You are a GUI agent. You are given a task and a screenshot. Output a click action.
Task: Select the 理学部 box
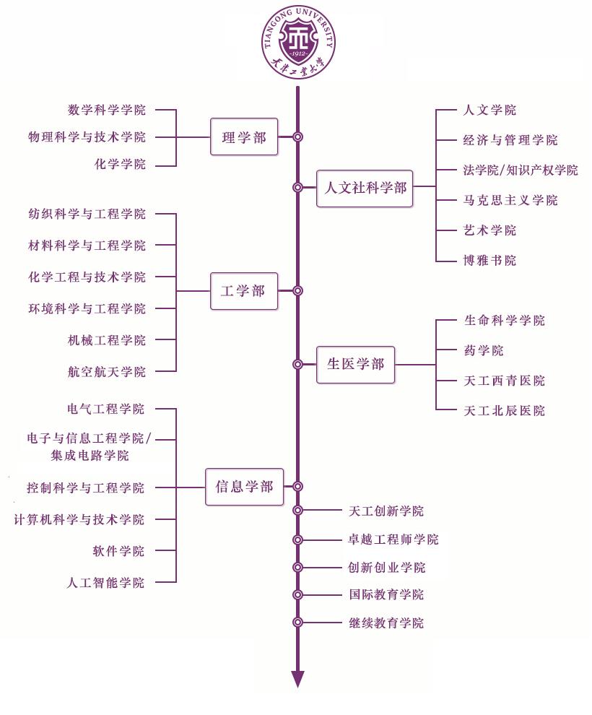244,136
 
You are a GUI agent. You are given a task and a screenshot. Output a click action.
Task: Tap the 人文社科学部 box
365,188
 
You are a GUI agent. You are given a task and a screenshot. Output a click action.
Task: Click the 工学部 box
244,291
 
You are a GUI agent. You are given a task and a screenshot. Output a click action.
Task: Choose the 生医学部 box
356,364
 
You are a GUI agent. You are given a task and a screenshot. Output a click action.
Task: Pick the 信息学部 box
244,487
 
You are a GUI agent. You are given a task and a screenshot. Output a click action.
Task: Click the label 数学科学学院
107,110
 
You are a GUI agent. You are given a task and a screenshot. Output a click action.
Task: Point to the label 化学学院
120,164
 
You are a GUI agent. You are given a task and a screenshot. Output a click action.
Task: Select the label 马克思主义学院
510,200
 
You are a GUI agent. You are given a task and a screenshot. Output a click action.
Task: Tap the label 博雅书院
489,260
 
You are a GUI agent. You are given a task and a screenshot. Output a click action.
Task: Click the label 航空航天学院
107,372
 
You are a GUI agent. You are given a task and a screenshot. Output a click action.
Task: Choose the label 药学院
484,350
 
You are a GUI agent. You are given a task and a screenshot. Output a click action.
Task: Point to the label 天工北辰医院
504,411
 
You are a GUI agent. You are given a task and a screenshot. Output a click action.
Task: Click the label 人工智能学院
106,583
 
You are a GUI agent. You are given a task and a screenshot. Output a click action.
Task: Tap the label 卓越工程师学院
393,539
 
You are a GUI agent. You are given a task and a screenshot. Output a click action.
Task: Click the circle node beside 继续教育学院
297,622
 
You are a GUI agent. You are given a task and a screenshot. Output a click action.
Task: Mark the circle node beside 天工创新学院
297,511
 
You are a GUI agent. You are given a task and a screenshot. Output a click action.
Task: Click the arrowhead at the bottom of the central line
297,680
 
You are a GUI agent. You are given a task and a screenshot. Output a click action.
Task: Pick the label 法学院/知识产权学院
520,170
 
